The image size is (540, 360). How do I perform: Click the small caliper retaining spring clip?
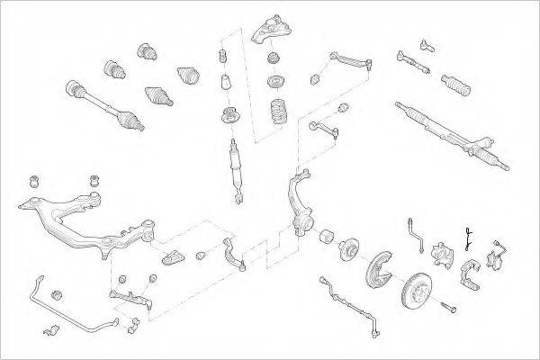469,238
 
